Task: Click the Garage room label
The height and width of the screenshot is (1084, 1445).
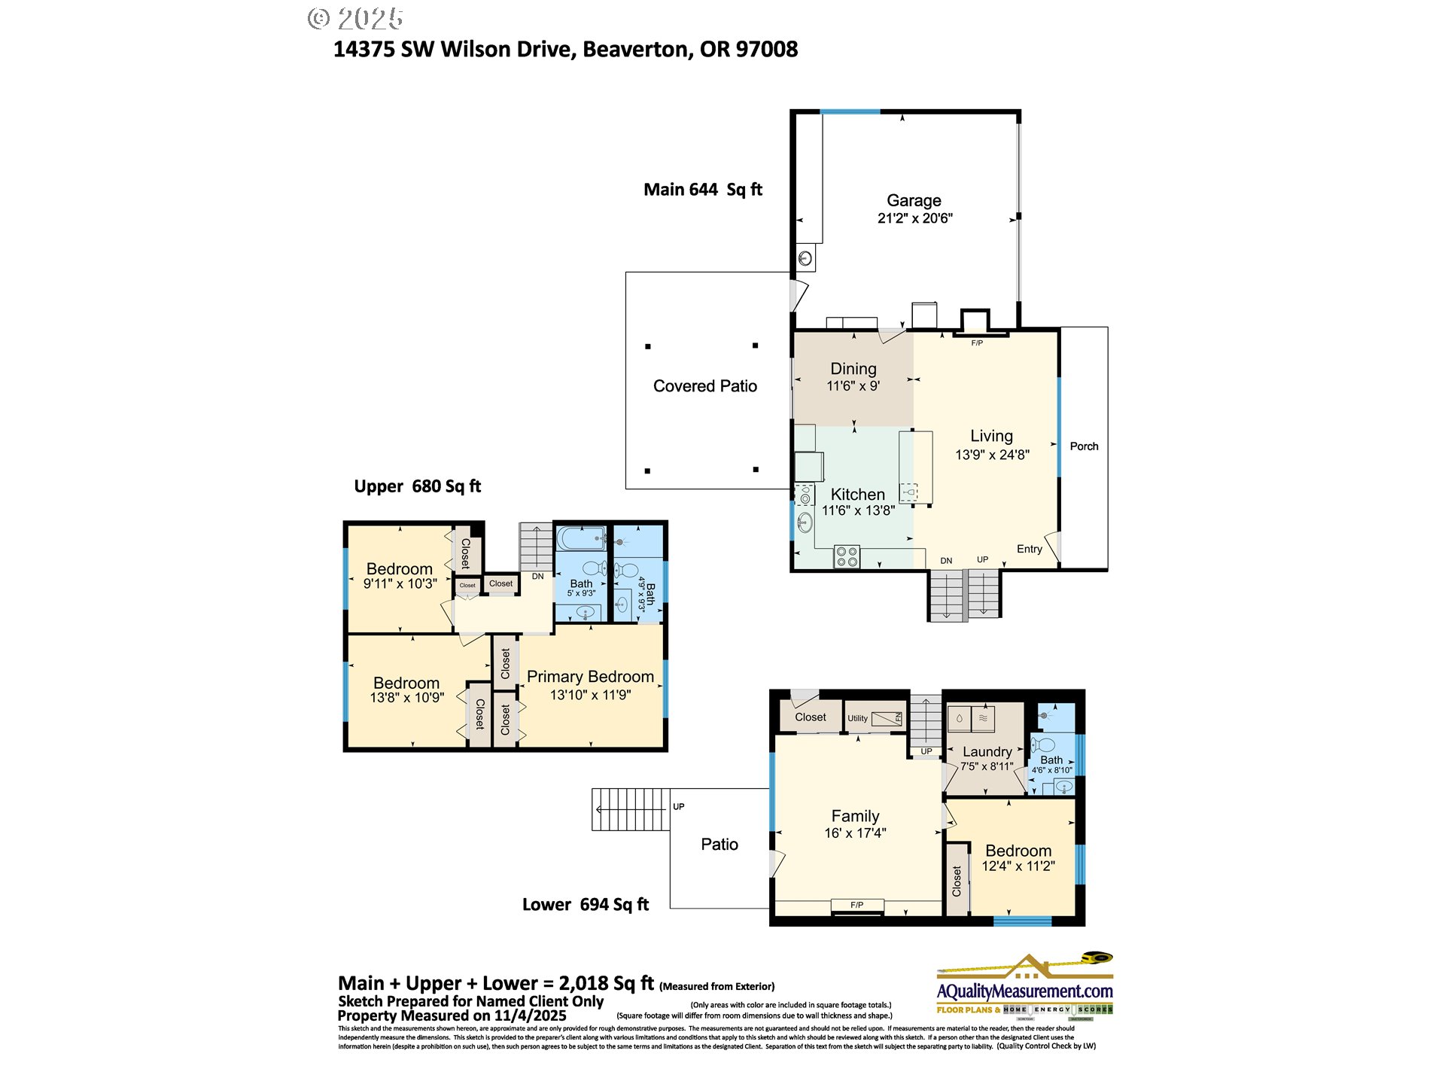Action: pos(914,200)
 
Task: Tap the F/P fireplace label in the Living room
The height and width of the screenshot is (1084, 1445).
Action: pos(977,343)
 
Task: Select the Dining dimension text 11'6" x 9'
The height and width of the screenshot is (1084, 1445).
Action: pos(853,386)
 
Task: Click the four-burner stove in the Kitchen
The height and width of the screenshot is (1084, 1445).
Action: pos(847,557)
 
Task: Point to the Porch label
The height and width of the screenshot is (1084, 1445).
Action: pos(1084,446)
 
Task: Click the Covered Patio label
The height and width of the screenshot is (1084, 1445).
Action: pos(704,386)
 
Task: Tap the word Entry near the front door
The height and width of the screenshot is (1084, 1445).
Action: pos(1029,549)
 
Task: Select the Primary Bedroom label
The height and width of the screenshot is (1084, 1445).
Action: pos(590,677)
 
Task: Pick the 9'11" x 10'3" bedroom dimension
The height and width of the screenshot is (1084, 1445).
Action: pos(400,583)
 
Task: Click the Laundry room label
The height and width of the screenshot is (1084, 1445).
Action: pos(987,751)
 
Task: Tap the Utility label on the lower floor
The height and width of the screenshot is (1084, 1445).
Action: pos(857,718)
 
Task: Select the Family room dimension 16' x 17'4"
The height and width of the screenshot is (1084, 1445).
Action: pos(855,833)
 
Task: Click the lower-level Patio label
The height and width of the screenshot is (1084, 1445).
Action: pos(719,845)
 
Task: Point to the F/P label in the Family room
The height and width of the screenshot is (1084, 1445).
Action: pos(856,905)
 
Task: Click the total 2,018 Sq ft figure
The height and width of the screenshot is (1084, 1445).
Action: pos(606,983)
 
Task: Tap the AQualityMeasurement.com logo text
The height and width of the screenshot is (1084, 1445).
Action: pos(1024,991)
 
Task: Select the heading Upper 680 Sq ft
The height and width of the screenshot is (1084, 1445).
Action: pos(417,486)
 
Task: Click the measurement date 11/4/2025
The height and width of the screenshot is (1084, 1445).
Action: pos(530,1015)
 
